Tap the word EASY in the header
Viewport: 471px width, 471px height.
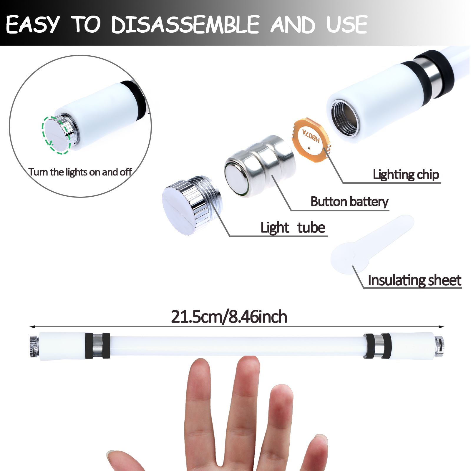33,25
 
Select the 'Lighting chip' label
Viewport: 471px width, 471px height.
406,175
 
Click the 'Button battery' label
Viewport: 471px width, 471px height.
349,202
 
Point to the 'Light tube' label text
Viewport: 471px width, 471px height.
293,228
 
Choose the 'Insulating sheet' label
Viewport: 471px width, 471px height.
414,280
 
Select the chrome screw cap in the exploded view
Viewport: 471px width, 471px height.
191,205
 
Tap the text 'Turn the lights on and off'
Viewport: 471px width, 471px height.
80,172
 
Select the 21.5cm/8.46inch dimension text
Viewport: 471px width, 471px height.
229,317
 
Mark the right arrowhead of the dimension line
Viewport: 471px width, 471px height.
441,327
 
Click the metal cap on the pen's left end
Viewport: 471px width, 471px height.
34,346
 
